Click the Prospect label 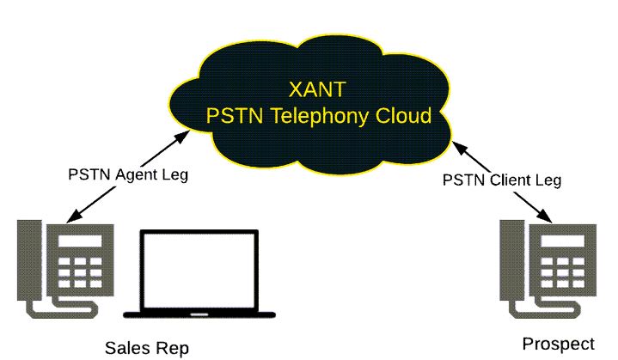[558, 344]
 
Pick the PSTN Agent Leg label [127, 174]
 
